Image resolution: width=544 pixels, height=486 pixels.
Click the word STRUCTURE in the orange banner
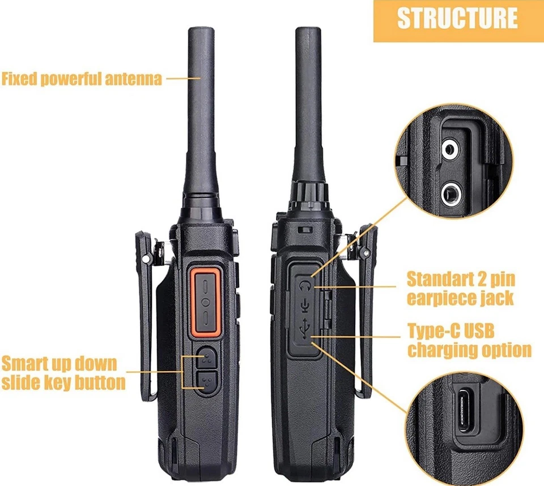point(457,18)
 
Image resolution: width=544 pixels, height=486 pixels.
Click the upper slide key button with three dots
point(206,357)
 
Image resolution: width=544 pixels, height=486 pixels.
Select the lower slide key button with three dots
point(206,382)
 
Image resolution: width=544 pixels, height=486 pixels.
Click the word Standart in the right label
point(439,278)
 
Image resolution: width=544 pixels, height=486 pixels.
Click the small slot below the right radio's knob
point(305,229)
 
